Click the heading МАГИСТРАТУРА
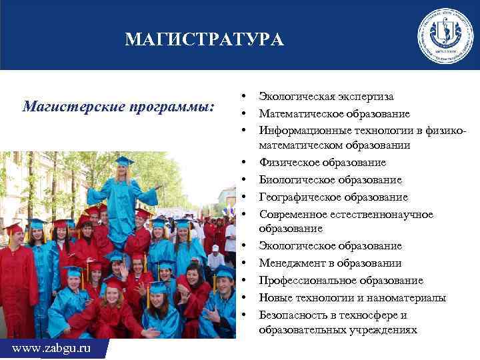pyautogui.click(x=204, y=41)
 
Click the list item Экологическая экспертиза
pyautogui.click(x=326, y=97)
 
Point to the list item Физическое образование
pyautogui.click(x=322, y=163)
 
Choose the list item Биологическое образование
pyautogui.click(x=331, y=180)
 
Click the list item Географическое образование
pyautogui.click(x=333, y=197)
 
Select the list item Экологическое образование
pyautogui.click(x=331, y=246)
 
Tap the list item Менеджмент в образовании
pyautogui.click(x=330, y=263)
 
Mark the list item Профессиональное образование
pyautogui.click(x=341, y=281)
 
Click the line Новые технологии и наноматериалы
pyautogui.click(x=353, y=298)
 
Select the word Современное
pyautogui.click(x=291, y=215)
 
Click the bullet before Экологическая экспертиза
pyautogui.click(x=245, y=97)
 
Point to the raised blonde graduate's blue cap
pyautogui.click(x=123, y=161)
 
